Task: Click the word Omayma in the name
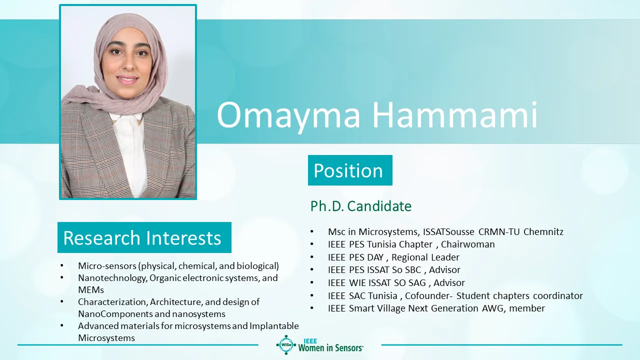[288, 115]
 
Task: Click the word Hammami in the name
[455, 114]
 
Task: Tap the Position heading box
[350, 170]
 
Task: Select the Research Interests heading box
[144, 237]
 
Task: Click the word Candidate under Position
[379, 206]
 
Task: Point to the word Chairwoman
[467, 244]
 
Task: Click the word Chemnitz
[543, 231]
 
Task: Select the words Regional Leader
[425, 257]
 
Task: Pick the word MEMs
[91, 289]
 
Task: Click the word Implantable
[274, 326]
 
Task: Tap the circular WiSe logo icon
[286, 344]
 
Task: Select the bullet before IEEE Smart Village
[311, 308]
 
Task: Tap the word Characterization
[112, 301]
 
